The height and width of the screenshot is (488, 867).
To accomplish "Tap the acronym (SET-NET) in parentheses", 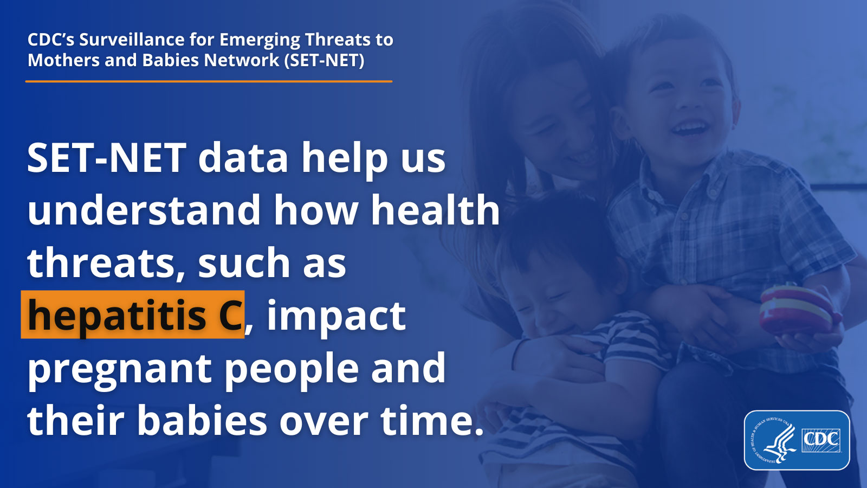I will click(325, 60).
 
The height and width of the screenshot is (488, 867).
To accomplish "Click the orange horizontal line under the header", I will click(209, 81).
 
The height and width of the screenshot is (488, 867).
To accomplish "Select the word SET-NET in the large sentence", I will click(107, 158).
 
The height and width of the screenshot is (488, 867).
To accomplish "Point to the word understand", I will click(144, 210).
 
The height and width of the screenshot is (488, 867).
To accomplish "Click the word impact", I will click(336, 316).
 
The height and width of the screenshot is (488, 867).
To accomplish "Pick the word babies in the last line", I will click(202, 421).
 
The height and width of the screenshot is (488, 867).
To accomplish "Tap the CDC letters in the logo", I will click(821, 438).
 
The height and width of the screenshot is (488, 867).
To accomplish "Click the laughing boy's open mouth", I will click(689, 129).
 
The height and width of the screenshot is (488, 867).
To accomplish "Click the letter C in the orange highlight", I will click(230, 316).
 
